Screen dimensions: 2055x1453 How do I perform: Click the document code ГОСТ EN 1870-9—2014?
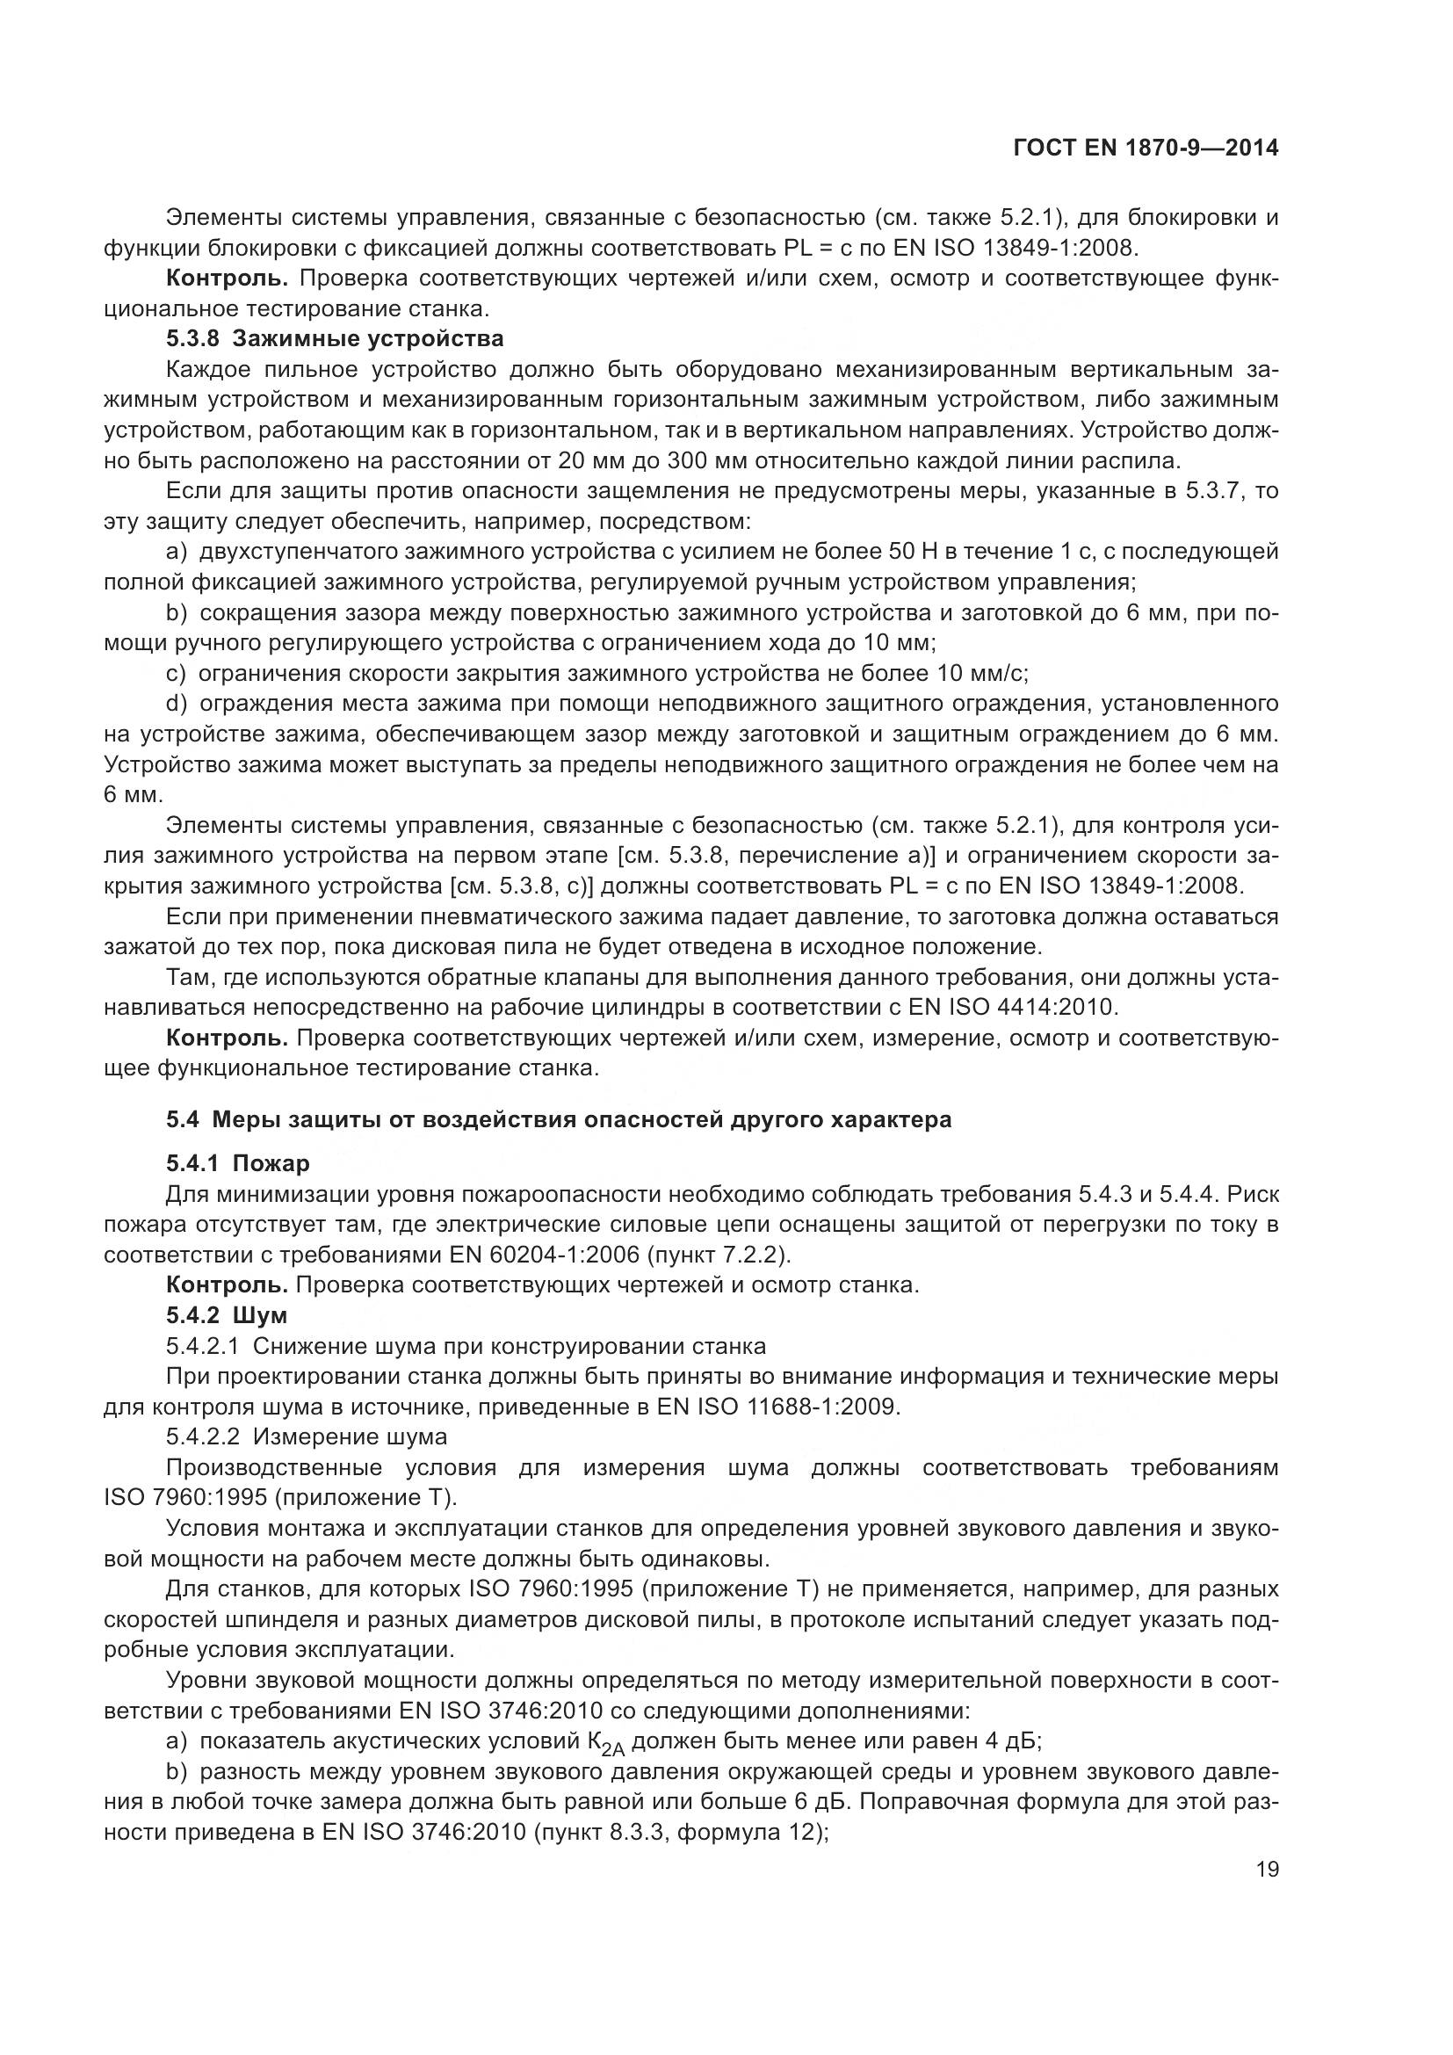pyautogui.click(x=1145, y=148)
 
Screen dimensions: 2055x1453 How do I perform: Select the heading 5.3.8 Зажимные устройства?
pyautogui.click(x=335, y=339)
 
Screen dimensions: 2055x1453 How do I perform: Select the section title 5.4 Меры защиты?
pyautogui.click(x=559, y=1119)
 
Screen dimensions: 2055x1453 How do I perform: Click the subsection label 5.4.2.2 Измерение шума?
pyautogui.click(x=306, y=1437)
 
